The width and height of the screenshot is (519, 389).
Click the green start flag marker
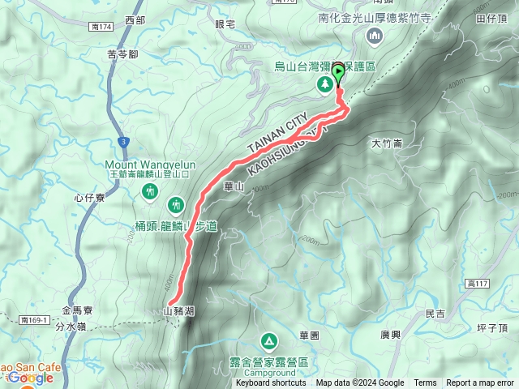[x=337, y=72]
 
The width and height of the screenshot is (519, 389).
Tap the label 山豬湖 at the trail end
[x=178, y=310]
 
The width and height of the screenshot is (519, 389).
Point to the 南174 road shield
[x=101, y=27]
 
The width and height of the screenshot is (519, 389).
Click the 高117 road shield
[x=478, y=282]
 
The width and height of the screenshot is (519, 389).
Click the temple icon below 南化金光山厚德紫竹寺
[x=375, y=35]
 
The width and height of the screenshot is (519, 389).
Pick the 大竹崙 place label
[x=386, y=143]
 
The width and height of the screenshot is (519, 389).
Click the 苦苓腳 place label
[x=122, y=55]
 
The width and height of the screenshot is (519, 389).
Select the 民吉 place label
[x=435, y=314]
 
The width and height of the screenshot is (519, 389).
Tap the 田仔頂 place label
[x=491, y=17]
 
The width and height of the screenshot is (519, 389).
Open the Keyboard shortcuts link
[x=271, y=383]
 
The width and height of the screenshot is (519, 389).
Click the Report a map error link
[x=480, y=383]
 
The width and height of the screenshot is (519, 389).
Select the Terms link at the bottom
[x=425, y=383]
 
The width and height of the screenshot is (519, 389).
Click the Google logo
[x=31, y=378]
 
